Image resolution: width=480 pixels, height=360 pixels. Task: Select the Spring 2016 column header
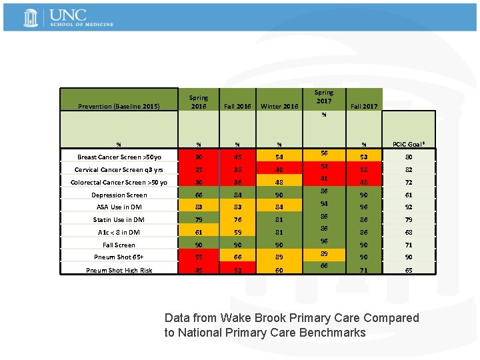198,101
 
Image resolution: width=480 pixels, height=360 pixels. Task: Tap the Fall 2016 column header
237,106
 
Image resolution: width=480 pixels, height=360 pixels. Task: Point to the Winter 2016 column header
279,106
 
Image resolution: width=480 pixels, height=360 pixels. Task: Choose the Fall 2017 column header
364,106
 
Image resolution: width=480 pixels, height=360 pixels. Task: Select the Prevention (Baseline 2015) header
119,106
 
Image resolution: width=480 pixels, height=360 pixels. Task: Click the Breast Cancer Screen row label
119,157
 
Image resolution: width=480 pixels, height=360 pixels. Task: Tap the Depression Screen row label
119,195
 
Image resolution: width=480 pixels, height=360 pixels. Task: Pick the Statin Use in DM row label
119,220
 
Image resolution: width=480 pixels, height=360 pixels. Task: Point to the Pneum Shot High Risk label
119,270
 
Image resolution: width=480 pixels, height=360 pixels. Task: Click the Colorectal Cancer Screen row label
119,183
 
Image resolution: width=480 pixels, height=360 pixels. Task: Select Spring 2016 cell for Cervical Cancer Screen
198,170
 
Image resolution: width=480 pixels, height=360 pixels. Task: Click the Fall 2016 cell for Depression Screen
237,195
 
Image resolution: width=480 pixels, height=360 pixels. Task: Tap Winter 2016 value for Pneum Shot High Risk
279,270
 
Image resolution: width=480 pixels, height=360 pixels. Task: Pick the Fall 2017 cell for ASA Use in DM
364,207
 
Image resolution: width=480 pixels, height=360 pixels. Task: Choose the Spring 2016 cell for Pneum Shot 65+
198,257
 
